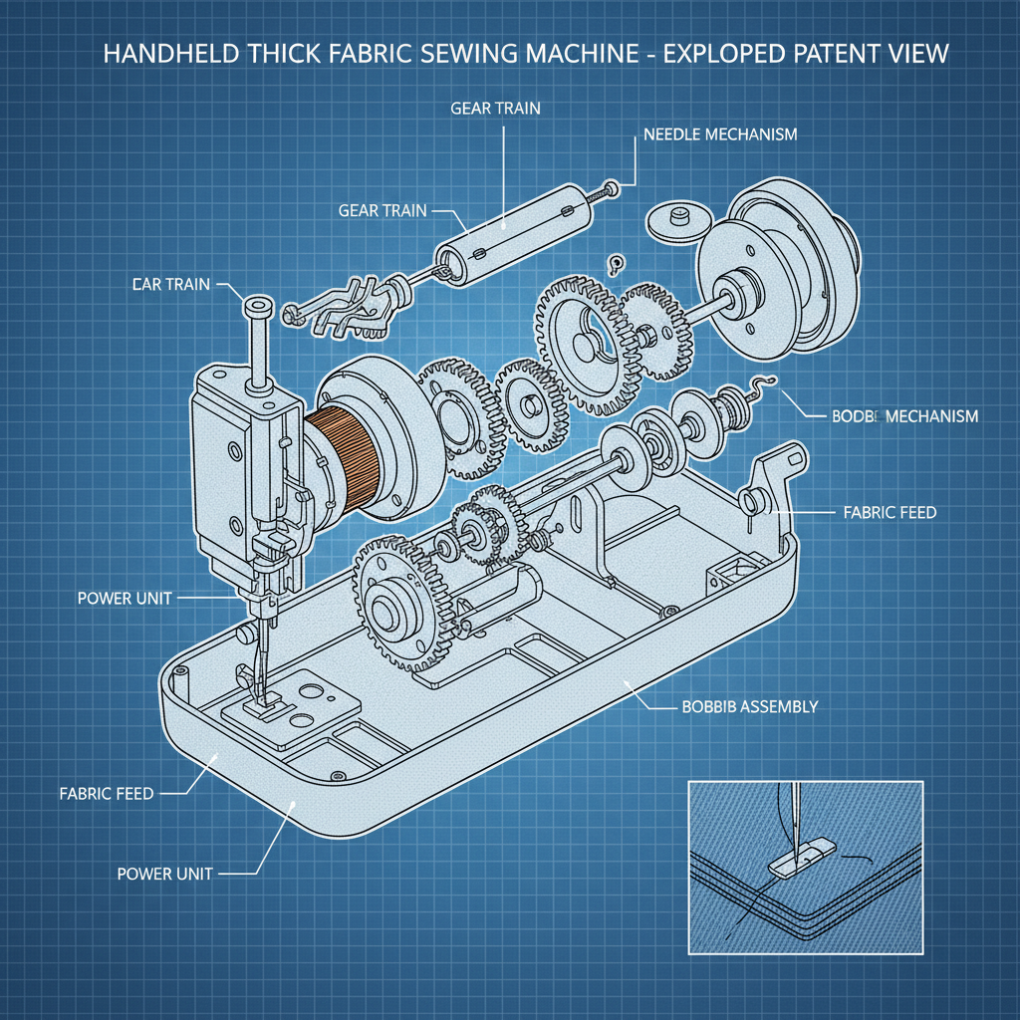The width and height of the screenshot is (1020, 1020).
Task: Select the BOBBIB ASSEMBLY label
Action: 749,706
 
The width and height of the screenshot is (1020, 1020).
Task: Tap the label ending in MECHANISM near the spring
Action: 903,415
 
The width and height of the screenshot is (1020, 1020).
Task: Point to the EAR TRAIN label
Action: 170,284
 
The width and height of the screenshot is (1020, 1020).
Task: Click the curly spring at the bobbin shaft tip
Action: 763,389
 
